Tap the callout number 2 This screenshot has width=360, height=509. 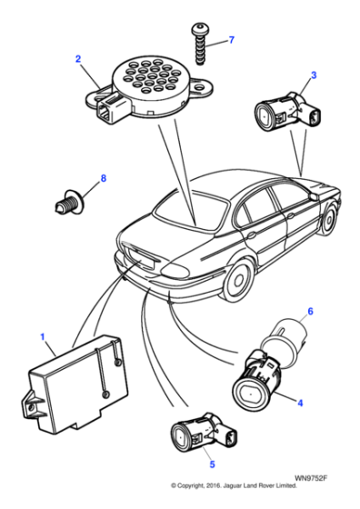tap(78, 59)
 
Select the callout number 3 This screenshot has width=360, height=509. tap(314, 75)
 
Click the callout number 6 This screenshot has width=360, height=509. tap(310, 312)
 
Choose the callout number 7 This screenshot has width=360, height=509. tap(231, 40)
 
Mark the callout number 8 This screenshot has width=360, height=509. tap(103, 178)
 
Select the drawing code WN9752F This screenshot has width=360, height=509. tap(313, 488)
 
